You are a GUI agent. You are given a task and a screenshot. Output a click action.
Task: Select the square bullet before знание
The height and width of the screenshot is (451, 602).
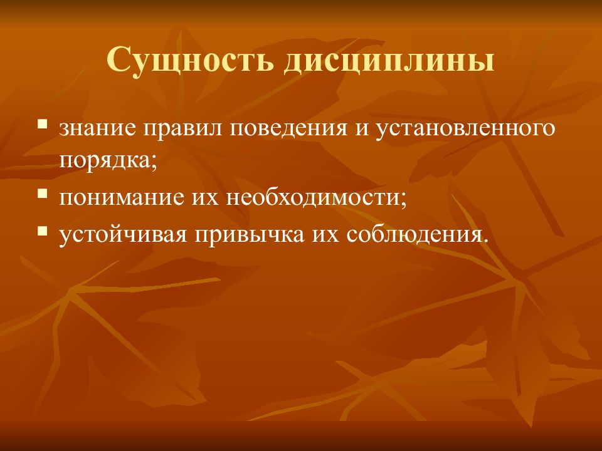pyautogui.click(x=42, y=124)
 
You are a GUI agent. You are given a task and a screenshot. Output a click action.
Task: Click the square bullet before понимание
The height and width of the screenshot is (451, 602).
pyautogui.click(x=42, y=193)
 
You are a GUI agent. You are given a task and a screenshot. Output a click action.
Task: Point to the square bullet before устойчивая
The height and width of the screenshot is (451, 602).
pyautogui.click(x=42, y=231)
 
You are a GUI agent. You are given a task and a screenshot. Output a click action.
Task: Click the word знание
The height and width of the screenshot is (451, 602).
pyautogui.click(x=98, y=129)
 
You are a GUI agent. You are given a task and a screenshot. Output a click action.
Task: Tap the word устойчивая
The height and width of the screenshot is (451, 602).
pyautogui.click(x=123, y=236)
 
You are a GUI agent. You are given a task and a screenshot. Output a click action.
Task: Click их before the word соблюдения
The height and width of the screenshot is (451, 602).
pyautogui.click(x=325, y=236)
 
